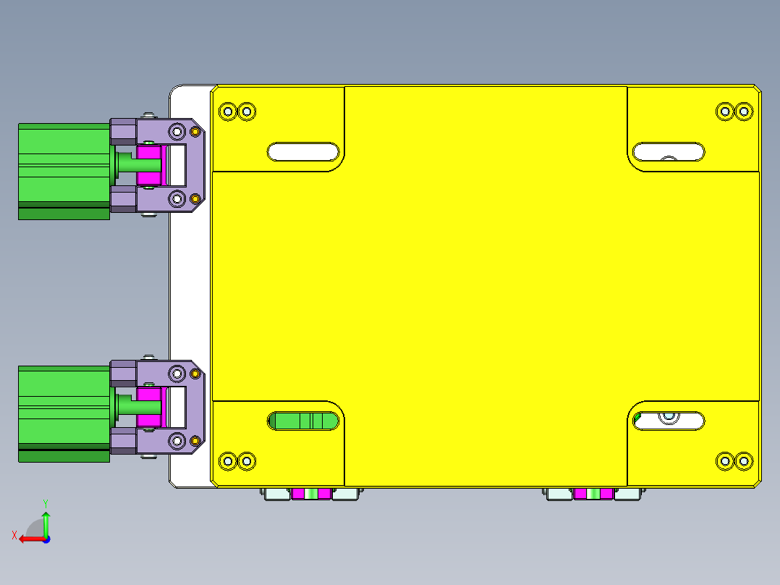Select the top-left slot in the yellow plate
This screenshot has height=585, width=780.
pyautogui.click(x=303, y=151)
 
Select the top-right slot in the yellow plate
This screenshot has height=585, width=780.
pyautogui.click(x=669, y=151)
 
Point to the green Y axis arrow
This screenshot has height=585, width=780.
pyautogui.click(x=46, y=521)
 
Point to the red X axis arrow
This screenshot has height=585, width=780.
pyautogui.click(x=29, y=538)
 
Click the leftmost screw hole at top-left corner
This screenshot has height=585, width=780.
pyautogui.click(x=228, y=111)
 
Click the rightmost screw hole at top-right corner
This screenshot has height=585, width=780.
pyautogui.click(x=743, y=111)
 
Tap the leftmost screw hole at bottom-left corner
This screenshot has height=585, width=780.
pyautogui.click(x=228, y=460)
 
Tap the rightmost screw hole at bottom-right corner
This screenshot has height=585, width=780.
pyautogui.click(x=743, y=460)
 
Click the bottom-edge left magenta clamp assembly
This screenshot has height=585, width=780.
pyautogui.click(x=311, y=494)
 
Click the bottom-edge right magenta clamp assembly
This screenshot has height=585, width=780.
pyautogui.click(x=593, y=494)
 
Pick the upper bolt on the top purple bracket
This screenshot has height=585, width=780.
pyautogui.click(x=177, y=131)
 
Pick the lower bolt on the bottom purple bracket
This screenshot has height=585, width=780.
pyautogui.click(x=177, y=440)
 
